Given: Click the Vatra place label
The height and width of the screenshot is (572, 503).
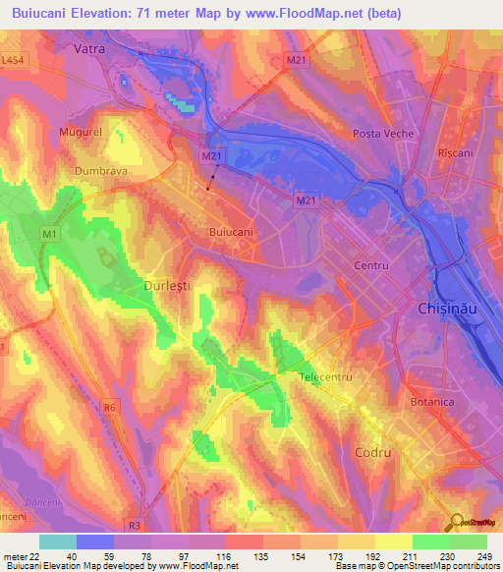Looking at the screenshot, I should (x=90, y=47).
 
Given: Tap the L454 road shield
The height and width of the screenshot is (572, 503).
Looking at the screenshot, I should (x=14, y=62).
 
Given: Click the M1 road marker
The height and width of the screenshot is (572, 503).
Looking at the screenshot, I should (x=49, y=235).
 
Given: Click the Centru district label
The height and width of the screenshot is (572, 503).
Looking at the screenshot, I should (x=372, y=266).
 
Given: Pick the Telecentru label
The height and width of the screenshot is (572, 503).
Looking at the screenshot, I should (x=326, y=377).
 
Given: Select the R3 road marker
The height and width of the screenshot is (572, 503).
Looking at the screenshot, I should (x=136, y=524).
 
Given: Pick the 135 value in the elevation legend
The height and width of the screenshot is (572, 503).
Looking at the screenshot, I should (x=262, y=557).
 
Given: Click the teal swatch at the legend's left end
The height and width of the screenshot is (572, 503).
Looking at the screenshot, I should (x=58, y=542).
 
